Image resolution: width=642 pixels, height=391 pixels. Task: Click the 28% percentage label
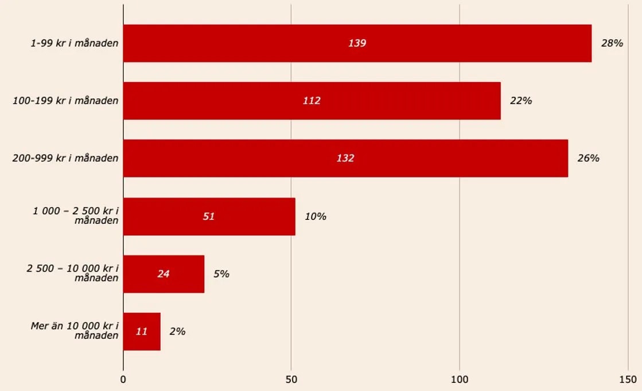click(612, 43)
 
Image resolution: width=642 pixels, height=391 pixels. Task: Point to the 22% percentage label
click(521, 100)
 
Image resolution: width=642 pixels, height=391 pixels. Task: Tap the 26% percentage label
click(588, 158)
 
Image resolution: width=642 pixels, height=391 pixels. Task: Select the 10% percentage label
click(316, 216)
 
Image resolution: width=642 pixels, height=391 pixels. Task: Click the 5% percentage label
click(221, 274)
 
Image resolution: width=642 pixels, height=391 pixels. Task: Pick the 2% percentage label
click(177, 331)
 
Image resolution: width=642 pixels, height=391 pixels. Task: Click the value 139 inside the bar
click(357, 43)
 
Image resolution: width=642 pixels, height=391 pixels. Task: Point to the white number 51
click(208, 216)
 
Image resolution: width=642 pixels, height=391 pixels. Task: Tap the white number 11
click(142, 331)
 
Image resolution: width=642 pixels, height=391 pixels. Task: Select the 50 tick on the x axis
click(291, 380)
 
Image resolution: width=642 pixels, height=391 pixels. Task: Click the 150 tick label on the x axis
click(628, 380)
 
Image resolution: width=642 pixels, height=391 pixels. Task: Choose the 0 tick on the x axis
click(123, 380)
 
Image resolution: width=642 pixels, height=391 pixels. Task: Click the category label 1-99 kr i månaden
click(75, 43)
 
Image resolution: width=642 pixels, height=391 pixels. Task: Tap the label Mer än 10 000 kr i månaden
click(75, 331)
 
